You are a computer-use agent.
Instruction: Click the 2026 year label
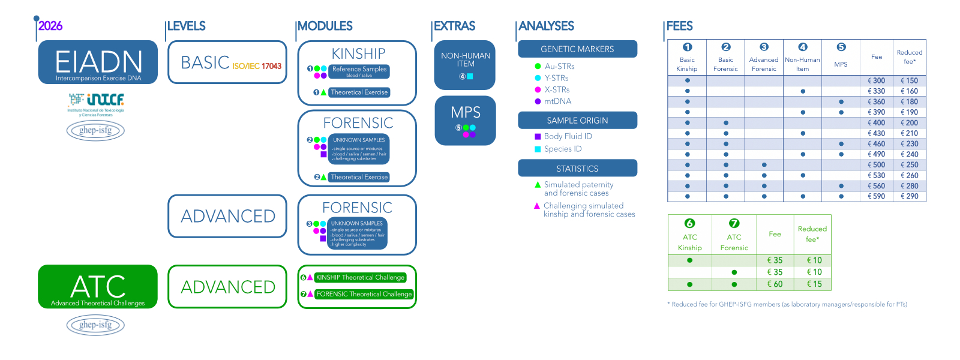[x=50, y=26]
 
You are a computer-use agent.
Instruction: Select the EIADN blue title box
[x=98, y=62]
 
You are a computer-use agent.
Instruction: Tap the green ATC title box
[x=98, y=287]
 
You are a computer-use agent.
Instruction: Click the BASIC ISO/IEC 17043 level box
[x=227, y=62]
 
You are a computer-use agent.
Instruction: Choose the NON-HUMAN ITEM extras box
[x=465, y=65]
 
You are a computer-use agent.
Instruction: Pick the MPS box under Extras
[x=465, y=120]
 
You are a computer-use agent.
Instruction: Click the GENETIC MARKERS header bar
[x=577, y=49]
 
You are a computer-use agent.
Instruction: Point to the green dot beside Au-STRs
[x=538, y=67]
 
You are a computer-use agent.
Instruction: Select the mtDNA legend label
[x=557, y=101]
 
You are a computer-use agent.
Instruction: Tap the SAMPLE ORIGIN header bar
[x=577, y=120]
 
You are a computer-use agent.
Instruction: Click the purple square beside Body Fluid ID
[x=538, y=137]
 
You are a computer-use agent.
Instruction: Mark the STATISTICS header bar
[x=577, y=169]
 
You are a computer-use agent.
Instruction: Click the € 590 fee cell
[x=877, y=196]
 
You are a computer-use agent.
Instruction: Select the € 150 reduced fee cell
[x=910, y=80]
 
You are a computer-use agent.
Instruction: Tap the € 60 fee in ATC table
[x=775, y=284]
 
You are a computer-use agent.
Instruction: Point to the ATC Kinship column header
[x=690, y=235]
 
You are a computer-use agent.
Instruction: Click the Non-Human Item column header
[x=802, y=58]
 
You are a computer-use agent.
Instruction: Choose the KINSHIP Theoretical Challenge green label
[x=361, y=277]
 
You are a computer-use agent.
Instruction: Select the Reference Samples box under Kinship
[x=359, y=71]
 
